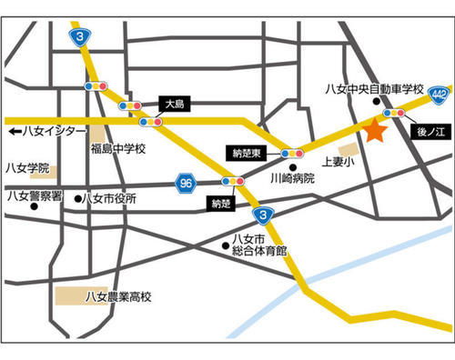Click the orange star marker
tap(375, 131)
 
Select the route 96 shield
tap(187, 183)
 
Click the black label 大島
tap(174, 104)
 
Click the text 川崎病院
tap(291, 179)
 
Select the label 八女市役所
tap(110, 198)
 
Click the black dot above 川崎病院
tap(293, 167)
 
